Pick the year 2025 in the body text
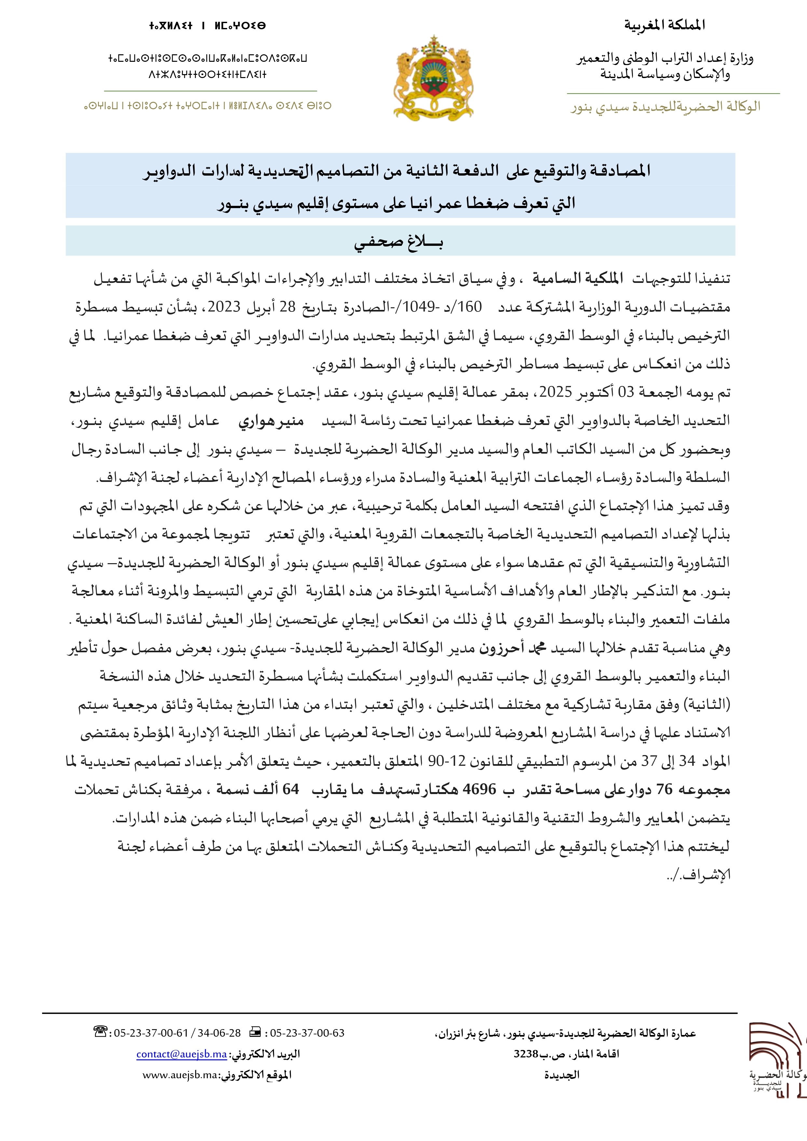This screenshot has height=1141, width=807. point(556,392)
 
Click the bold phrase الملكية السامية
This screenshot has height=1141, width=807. point(578,278)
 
